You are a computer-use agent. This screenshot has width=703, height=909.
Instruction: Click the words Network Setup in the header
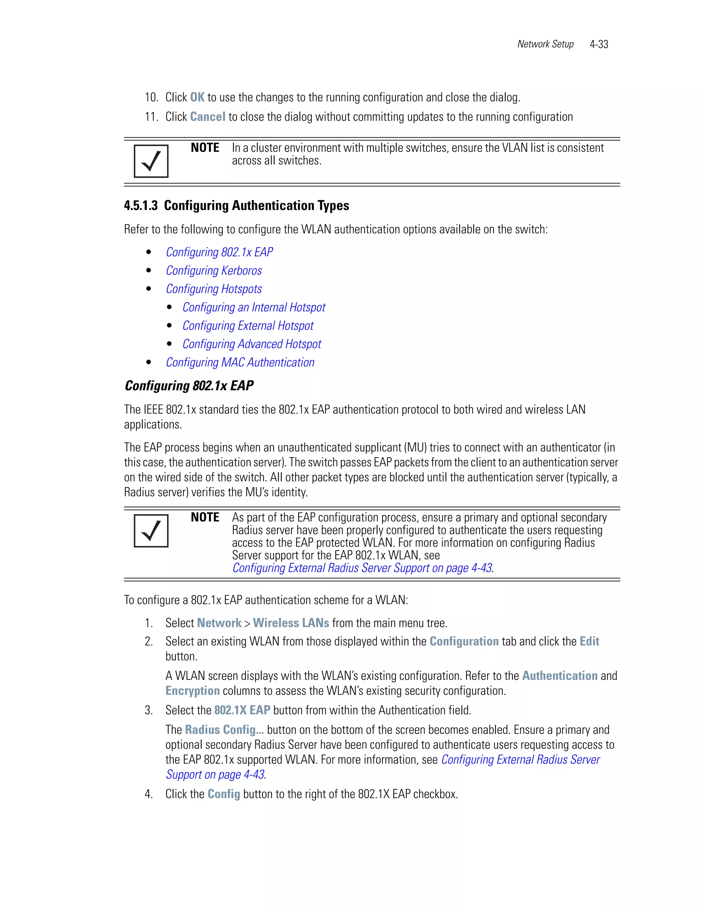coord(545,44)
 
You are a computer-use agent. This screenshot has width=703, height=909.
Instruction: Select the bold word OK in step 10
coord(197,97)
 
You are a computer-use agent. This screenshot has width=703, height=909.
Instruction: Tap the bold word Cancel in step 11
coord(207,117)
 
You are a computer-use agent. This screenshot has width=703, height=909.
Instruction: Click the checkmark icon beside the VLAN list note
coord(151,161)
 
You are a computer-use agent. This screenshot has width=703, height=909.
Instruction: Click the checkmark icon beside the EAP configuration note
coord(151,531)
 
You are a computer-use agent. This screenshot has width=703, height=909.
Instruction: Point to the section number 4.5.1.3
coord(141,205)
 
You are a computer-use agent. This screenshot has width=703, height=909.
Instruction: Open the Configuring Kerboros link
coord(214,271)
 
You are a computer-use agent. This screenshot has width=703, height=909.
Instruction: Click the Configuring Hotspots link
coord(214,289)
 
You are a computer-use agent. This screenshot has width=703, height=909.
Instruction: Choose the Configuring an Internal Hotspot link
coord(254,307)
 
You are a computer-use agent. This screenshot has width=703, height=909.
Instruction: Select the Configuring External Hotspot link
coord(248,326)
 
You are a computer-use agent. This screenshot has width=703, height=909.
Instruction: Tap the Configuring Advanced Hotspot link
coord(252,344)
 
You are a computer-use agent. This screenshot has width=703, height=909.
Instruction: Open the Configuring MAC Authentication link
coord(240,363)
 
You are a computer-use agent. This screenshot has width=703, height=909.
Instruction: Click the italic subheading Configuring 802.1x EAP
coord(189,386)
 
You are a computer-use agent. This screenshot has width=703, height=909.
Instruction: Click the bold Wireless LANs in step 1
coord(291,623)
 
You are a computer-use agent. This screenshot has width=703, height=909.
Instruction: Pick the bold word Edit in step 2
coord(589,641)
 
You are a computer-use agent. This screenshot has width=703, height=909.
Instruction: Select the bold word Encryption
coord(193,691)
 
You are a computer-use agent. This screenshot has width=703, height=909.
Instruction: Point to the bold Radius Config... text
coord(224,730)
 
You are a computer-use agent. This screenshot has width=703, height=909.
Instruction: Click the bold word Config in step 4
coord(224,794)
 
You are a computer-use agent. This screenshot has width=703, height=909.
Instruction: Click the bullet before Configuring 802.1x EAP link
coord(149,252)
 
